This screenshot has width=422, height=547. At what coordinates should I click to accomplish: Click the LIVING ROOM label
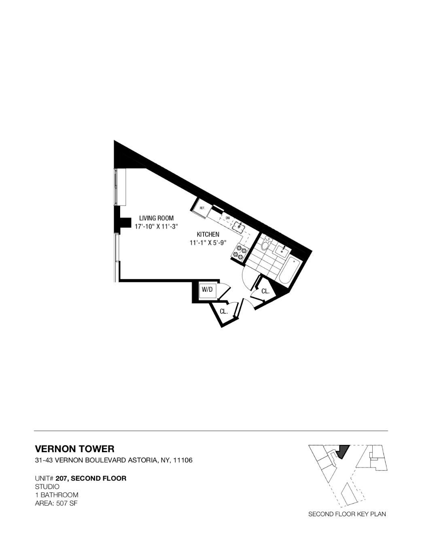[x=156, y=218]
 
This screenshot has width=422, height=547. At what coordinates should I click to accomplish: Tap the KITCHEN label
[x=208, y=234]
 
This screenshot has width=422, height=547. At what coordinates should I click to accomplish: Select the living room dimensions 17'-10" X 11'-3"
[x=156, y=226]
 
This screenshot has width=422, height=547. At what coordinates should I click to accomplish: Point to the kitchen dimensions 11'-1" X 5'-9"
[x=208, y=243]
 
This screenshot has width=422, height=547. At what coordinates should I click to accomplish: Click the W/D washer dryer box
[x=207, y=290]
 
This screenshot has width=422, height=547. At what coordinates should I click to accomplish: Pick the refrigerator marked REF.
[x=201, y=208]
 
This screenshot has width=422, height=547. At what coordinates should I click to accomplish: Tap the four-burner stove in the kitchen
[x=239, y=252]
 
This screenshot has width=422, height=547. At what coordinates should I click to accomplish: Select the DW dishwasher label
[x=228, y=218]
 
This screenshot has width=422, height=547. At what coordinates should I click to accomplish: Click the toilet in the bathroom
[x=266, y=245]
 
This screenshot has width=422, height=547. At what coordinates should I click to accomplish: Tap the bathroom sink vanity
[x=282, y=250]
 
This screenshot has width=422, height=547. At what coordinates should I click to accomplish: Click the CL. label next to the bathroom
[x=265, y=291]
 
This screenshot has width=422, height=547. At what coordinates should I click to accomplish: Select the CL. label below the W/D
[x=224, y=311]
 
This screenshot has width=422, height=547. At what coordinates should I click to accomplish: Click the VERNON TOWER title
[x=75, y=449]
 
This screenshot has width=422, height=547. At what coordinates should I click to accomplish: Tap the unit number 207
[x=61, y=478]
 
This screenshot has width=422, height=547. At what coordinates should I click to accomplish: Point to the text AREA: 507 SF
[x=57, y=503]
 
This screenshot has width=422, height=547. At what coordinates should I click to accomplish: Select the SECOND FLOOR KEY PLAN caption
[x=347, y=514]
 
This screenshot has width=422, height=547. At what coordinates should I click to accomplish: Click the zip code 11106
[x=182, y=460]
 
